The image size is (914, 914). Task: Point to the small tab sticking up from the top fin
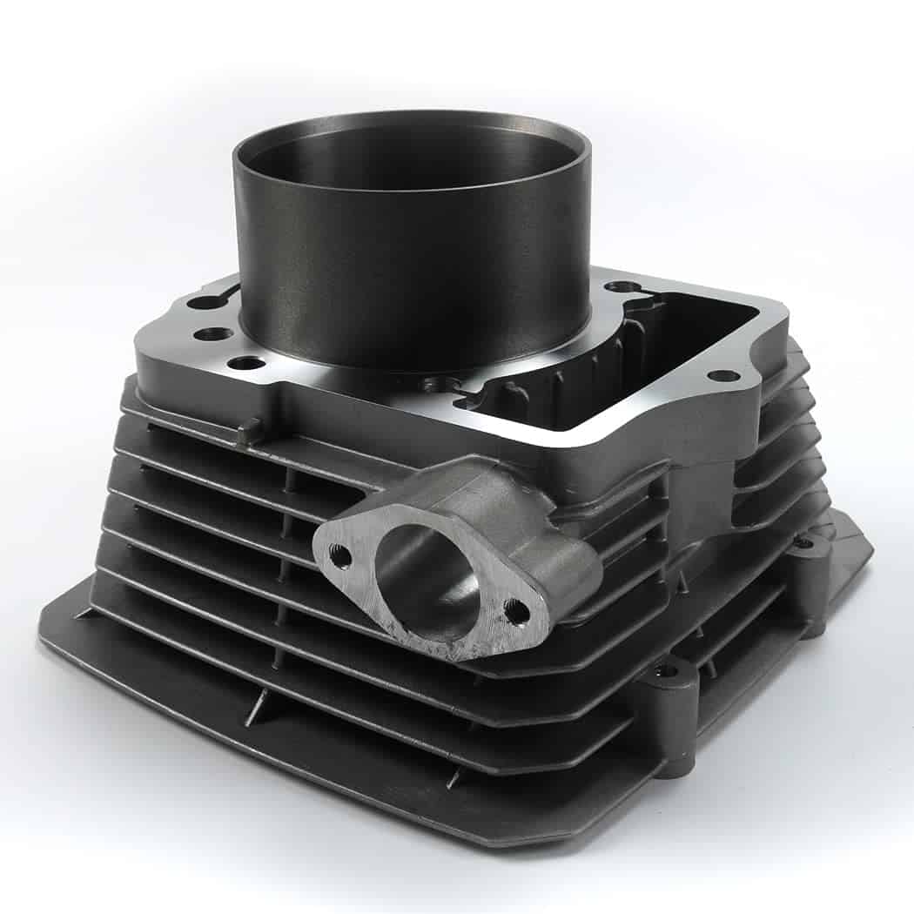tap(250, 429)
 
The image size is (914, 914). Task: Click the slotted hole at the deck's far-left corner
tap(205, 302)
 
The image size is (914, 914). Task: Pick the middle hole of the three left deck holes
tap(213, 333)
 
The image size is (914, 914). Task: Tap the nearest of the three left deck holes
tap(248, 362)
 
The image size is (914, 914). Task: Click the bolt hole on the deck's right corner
tap(722, 376)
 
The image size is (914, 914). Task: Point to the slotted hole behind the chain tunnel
tap(620, 286)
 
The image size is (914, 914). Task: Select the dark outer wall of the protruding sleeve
tap(409, 279)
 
